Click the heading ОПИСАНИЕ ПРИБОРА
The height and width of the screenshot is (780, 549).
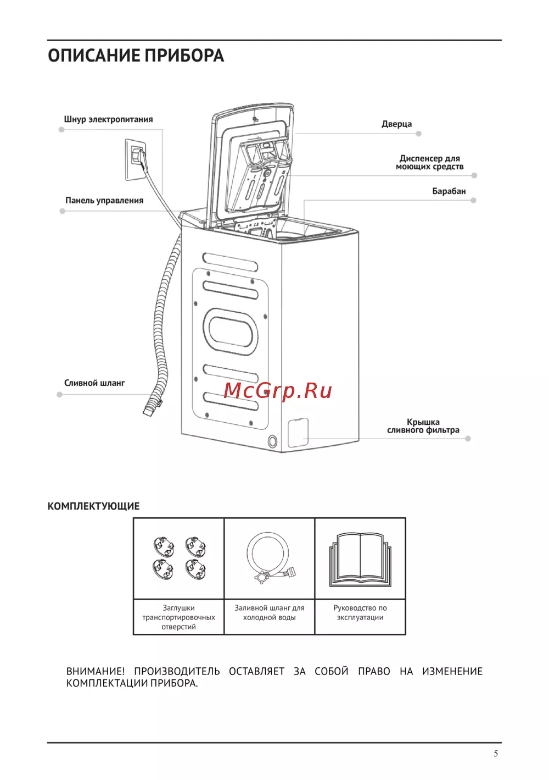[x=136, y=56]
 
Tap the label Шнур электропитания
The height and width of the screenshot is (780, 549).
[x=108, y=119]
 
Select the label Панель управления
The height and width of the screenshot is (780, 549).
[x=104, y=201]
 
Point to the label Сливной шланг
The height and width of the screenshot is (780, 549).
[x=94, y=383]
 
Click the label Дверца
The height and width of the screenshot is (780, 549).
[x=396, y=124]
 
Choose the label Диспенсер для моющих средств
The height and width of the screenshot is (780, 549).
[x=429, y=163]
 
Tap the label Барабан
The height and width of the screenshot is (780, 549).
[x=449, y=191]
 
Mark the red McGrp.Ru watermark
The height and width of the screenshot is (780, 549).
[x=278, y=390]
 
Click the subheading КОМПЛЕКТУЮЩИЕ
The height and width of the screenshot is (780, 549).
[x=93, y=506]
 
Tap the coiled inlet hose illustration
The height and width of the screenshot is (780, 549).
[x=269, y=556]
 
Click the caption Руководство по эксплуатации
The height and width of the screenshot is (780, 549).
[x=360, y=613]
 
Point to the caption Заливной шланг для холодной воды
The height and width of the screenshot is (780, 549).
[x=269, y=613]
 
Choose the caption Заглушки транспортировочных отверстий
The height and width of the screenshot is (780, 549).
[x=178, y=617]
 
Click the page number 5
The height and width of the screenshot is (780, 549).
[x=496, y=754]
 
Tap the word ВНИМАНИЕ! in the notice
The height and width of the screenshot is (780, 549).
[x=96, y=671]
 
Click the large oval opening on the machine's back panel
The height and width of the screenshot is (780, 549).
[x=231, y=331]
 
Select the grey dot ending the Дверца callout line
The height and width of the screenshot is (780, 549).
[x=418, y=134]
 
